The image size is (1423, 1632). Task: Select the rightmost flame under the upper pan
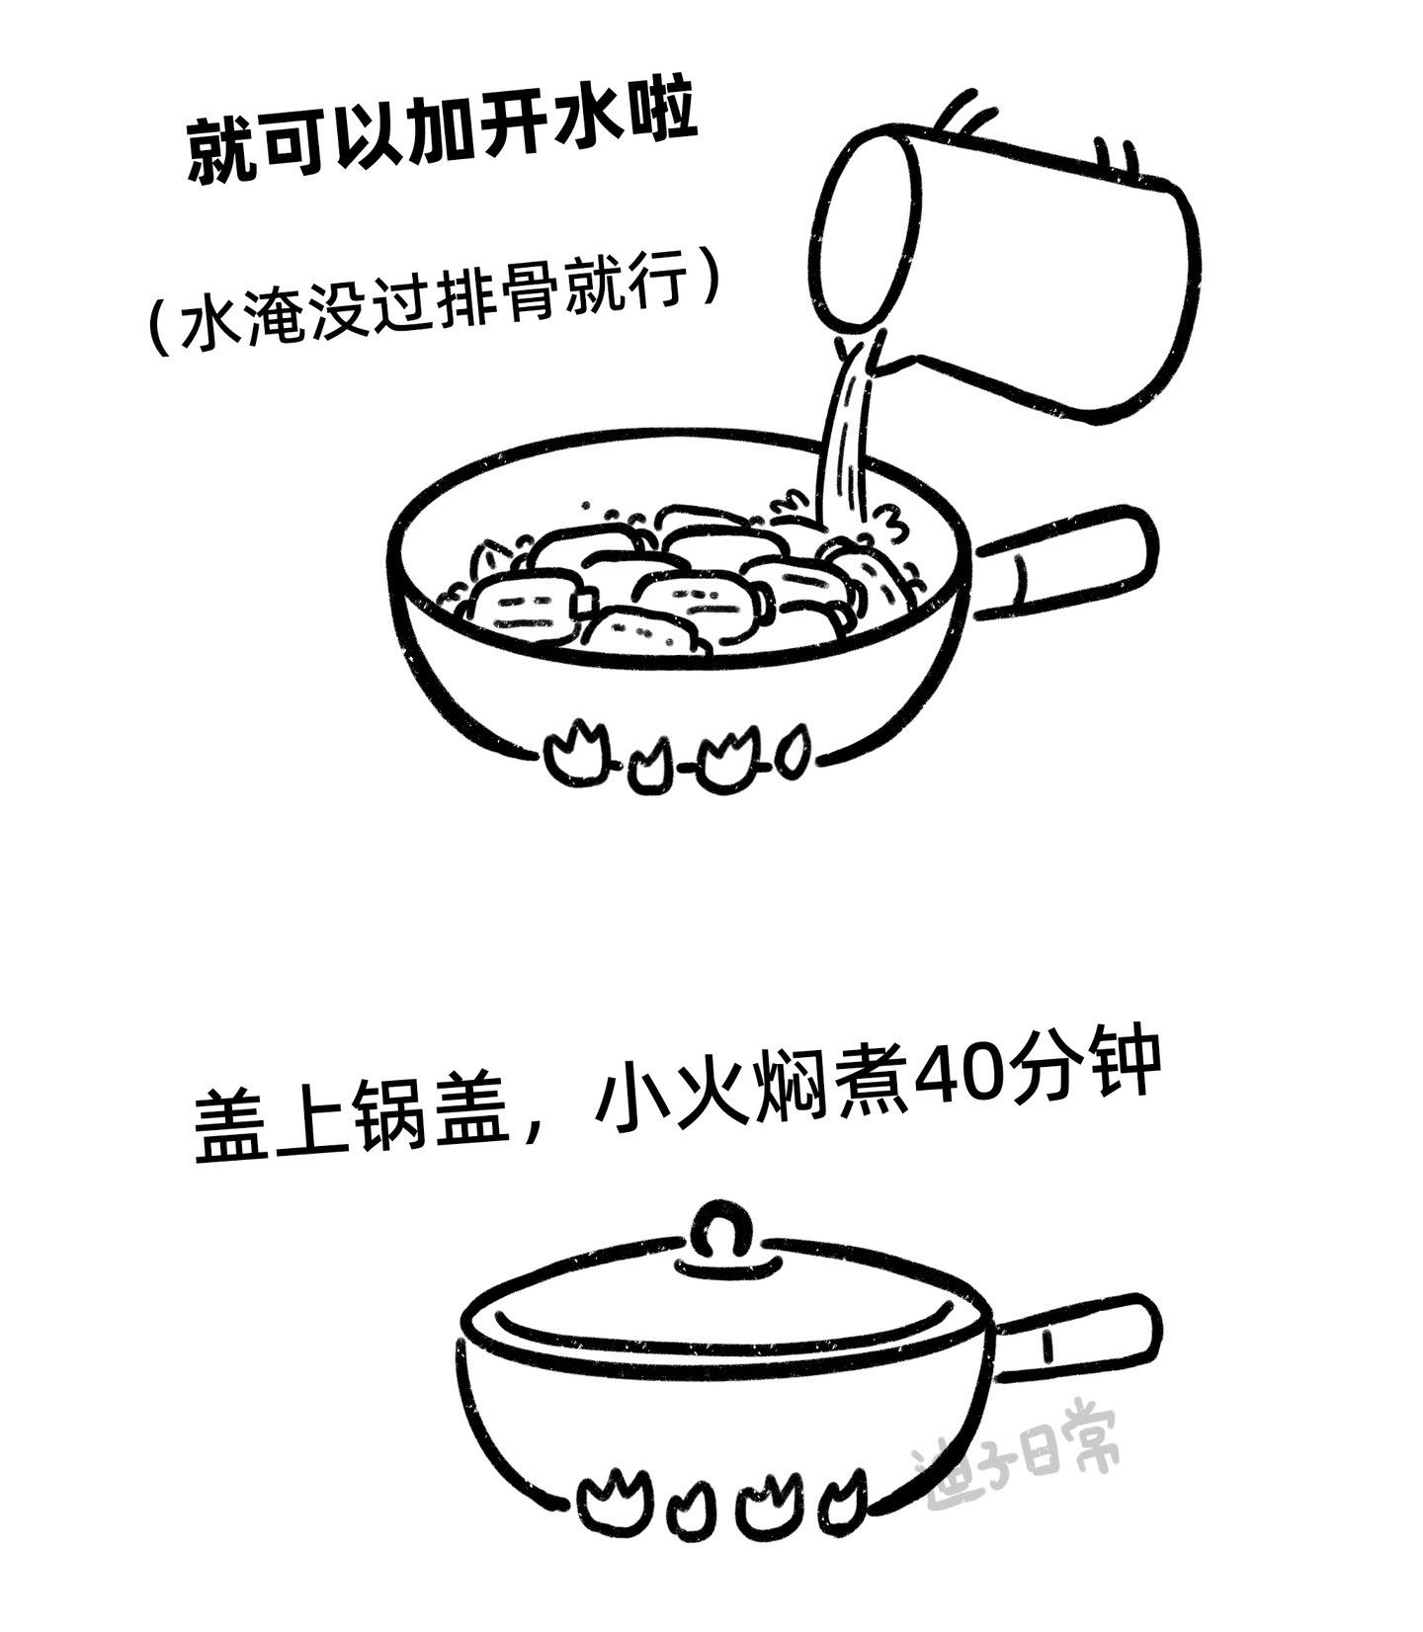click(x=794, y=750)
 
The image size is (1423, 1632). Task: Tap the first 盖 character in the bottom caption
click(x=232, y=1126)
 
